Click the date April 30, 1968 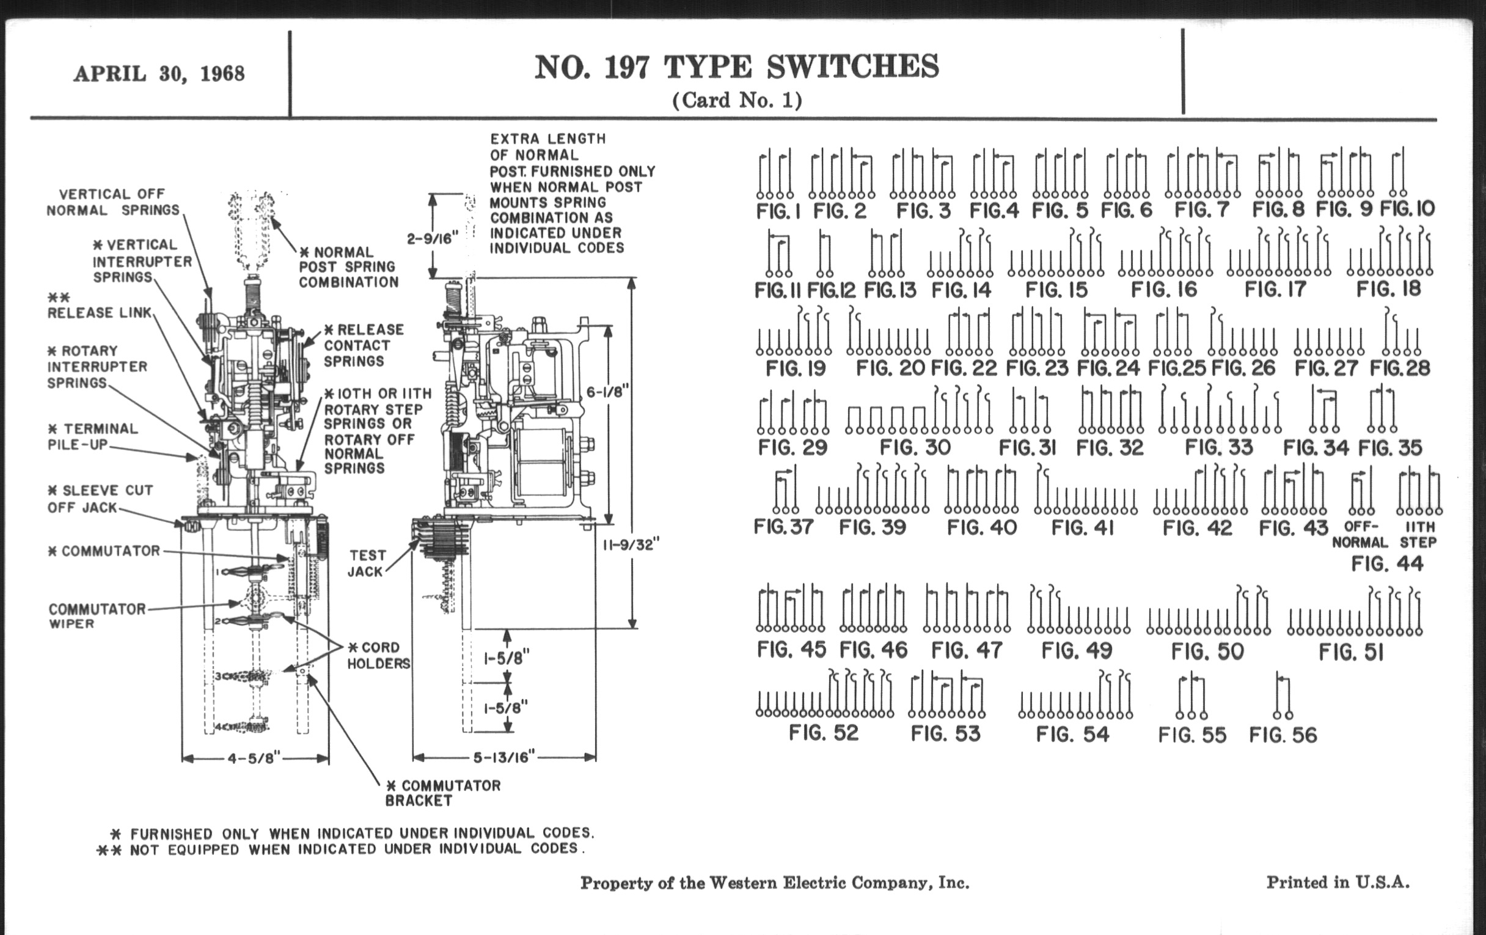point(159,73)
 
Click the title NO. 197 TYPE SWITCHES point(736,67)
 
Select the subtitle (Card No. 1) point(737,100)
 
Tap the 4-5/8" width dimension point(254,757)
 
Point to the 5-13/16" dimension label point(503,757)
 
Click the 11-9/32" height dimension point(631,544)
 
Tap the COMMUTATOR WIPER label point(97,616)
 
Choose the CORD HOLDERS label point(378,656)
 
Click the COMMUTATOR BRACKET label point(442,793)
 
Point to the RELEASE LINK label point(99,312)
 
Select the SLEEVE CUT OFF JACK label point(100,499)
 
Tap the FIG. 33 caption point(1219,447)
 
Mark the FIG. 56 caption point(1283,735)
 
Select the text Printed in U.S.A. point(1338,882)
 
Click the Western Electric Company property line point(775,883)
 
